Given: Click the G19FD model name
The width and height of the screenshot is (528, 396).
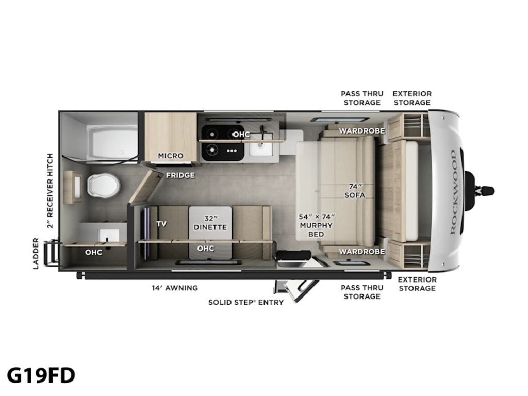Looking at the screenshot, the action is click(x=41, y=375).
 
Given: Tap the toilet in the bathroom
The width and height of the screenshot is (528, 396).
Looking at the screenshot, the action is click(x=104, y=185).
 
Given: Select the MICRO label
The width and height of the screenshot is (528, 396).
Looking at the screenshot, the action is click(x=171, y=156).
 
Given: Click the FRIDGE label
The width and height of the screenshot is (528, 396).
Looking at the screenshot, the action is click(x=180, y=175).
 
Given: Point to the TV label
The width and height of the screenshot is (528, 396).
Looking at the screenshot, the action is click(x=161, y=224).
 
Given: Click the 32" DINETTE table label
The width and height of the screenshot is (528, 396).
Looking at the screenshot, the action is click(x=210, y=223).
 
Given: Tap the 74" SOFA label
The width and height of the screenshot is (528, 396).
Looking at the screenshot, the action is click(x=355, y=191).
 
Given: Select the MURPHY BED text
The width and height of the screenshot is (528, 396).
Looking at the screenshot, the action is click(x=316, y=229).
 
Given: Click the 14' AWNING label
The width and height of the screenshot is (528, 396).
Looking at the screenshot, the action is click(x=174, y=288).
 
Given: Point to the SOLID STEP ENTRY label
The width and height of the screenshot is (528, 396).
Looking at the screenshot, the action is click(x=246, y=302).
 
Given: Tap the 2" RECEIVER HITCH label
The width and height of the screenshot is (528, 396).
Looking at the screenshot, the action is click(x=50, y=191).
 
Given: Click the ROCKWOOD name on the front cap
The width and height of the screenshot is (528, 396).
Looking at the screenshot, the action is click(x=453, y=192).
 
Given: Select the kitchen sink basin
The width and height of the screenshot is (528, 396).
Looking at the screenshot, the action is click(x=261, y=148).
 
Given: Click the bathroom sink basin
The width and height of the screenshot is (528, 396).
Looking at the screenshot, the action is click(x=108, y=235).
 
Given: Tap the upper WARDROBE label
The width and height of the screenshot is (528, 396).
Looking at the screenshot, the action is click(x=361, y=130).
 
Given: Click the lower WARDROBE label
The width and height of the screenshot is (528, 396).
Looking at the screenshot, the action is click(x=361, y=251).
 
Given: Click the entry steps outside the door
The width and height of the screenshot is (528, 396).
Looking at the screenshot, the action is click(x=296, y=290).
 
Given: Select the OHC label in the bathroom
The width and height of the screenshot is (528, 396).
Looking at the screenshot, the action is click(x=93, y=252).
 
